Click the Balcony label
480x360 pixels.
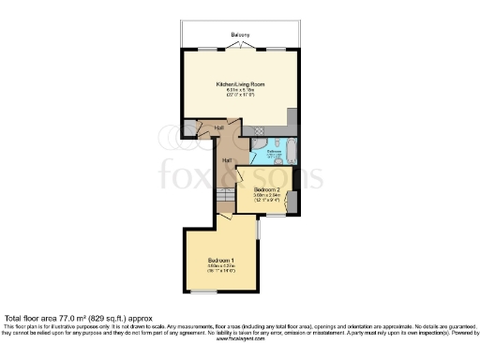point(239,35)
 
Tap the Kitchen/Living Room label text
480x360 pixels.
point(239,84)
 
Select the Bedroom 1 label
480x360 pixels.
point(220,259)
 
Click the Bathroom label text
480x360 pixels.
point(275,150)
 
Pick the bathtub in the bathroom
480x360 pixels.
point(289,151)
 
